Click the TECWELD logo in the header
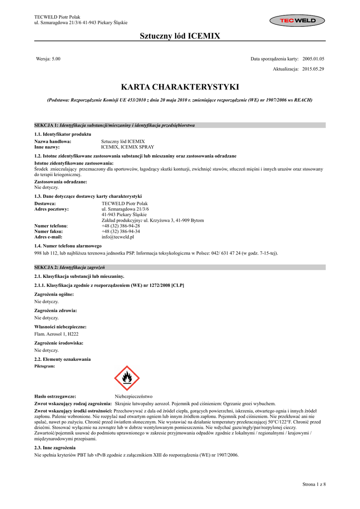click(x=297, y=20)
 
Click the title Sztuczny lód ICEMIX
click(x=180, y=36)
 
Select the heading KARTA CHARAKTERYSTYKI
click(x=180, y=87)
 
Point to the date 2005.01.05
click(x=313, y=59)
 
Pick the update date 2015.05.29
click(x=313, y=69)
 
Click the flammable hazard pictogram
click(x=127, y=378)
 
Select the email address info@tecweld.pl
click(x=118, y=237)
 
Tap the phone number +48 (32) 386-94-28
click(x=121, y=226)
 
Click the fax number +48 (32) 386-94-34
click(x=121, y=231)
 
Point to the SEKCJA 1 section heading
click(x=114, y=125)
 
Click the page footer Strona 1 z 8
click(x=314, y=484)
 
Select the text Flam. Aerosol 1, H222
click(x=55, y=334)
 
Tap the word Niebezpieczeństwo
click(x=134, y=396)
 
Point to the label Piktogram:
click(x=44, y=365)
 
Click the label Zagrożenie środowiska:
click(x=59, y=343)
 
